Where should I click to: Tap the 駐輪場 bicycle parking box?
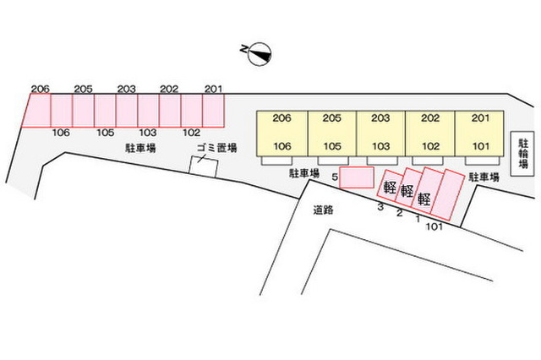click(522, 154)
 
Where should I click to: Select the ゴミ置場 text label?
click(216, 148)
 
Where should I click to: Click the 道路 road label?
click(323, 210)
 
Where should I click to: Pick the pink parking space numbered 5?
click(357, 177)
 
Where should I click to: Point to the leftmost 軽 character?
click(390, 188)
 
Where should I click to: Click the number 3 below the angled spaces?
click(380, 207)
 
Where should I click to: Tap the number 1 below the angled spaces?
click(418, 219)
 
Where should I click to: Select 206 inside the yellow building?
click(281, 118)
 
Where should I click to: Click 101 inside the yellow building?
click(481, 146)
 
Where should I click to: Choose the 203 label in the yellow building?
click(380, 118)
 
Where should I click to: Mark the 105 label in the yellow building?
click(332, 146)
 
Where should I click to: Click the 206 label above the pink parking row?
click(41, 89)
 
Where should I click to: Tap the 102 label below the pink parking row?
click(191, 133)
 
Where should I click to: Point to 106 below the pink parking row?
click(61, 133)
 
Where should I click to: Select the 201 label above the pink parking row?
click(213, 89)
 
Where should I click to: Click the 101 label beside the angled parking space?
click(434, 226)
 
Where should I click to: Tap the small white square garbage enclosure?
click(204, 166)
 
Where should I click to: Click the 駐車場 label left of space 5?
click(304, 173)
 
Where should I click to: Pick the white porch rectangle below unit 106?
click(276, 161)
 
